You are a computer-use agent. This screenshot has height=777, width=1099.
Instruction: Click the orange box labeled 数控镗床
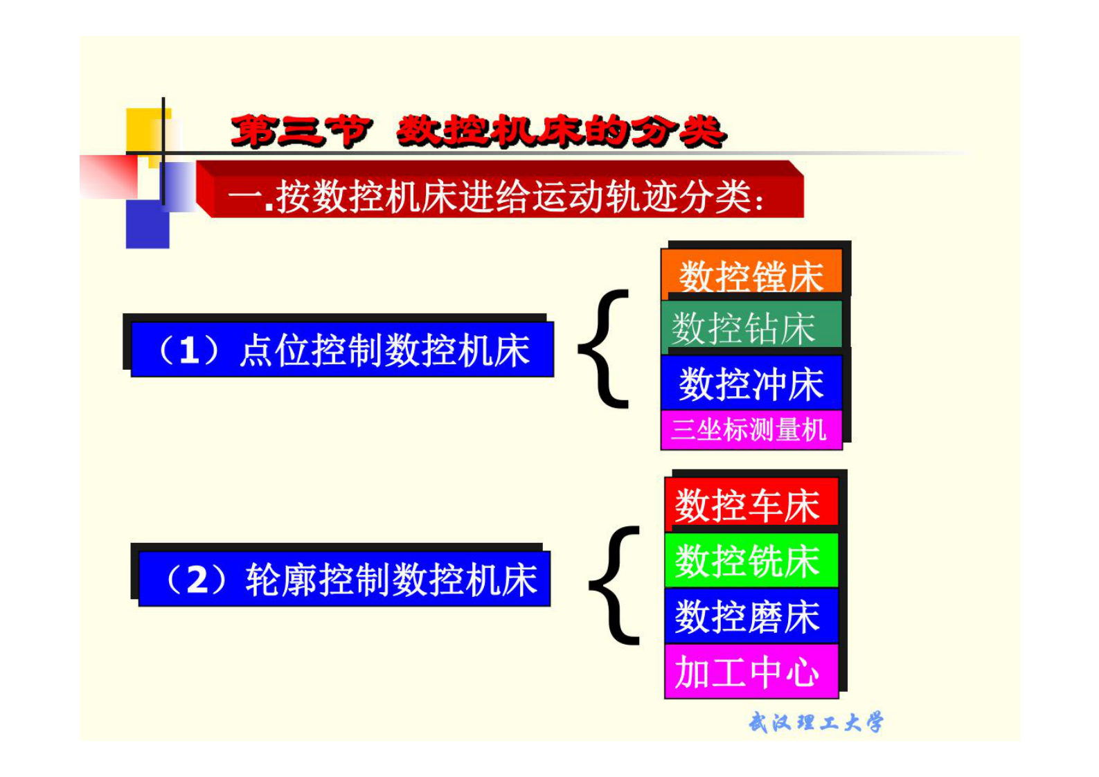pyautogui.click(x=751, y=276)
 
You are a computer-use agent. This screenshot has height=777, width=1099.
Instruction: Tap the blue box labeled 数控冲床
pyautogui.click(x=751, y=383)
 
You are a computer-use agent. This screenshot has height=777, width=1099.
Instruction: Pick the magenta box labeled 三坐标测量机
pyautogui.click(x=751, y=430)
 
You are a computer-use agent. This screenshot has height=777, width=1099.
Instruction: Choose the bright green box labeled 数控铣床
pyautogui.click(x=751, y=560)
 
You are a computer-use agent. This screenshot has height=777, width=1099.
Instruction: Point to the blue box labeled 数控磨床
pyautogui.click(x=751, y=616)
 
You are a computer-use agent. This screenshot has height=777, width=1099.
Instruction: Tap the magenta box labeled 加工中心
pyautogui.click(x=751, y=671)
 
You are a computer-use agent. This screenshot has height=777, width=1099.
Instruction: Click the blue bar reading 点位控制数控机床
pyautogui.click(x=342, y=349)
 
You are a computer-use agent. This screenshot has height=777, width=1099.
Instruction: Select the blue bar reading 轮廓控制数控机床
pyautogui.click(x=344, y=579)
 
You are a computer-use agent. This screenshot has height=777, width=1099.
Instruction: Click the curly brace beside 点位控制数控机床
pyautogui.click(x=603, y=348)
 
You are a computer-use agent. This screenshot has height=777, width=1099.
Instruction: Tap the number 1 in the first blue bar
pyautogui.click(x=189, y=350)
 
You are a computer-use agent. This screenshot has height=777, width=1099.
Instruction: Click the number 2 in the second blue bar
pyautogui.click(x=197, y=580)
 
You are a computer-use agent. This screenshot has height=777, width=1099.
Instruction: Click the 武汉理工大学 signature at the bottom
pyautogui.click(x=816, y=722)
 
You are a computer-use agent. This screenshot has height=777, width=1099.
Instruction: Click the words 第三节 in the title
pyautogui.click(x=301, y=131)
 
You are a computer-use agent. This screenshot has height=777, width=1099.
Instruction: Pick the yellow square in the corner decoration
pyautogui.click(x=143, y=129)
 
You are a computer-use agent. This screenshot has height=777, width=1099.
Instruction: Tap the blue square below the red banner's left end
pyautogui.click(x=147, y=224)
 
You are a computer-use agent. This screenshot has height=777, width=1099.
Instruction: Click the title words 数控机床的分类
pyautogui.click(x=561, y=131)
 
